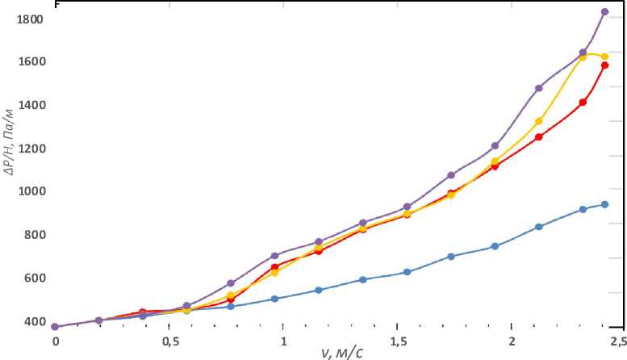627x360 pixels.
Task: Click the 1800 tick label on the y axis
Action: click(x=29, y=19)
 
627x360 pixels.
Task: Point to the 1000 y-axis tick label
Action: click(x=29, y=192)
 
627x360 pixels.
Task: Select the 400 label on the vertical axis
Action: click(x=32, y=321)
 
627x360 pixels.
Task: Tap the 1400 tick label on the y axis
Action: click(x=29, y=106)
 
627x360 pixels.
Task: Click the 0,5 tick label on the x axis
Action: click(x=169, y=342)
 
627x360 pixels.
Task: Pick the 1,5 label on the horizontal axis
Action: click(x=396, y=342)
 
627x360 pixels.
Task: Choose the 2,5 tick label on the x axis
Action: click(x=618, y=342)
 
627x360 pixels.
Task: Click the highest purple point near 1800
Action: click(x=605, y=12)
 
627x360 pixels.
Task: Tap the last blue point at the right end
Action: click(x=604, y=204)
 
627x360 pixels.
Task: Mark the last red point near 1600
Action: click(x=604, y=65)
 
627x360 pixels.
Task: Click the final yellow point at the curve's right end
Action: click(x=604, y=57)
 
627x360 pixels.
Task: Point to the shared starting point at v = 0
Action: click(x=55, y=327)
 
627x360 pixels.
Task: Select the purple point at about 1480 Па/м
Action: click(x=539, y=88)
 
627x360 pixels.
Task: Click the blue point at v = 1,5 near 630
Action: click(x=407, y=271)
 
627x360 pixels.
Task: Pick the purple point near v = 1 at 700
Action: click(x=274, y=256)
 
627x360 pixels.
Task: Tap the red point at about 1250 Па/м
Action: click(x=539, y=136)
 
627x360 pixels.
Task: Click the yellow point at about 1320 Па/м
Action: click(x=539, y=121)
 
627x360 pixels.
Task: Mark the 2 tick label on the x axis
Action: click(x=511, y=342)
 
